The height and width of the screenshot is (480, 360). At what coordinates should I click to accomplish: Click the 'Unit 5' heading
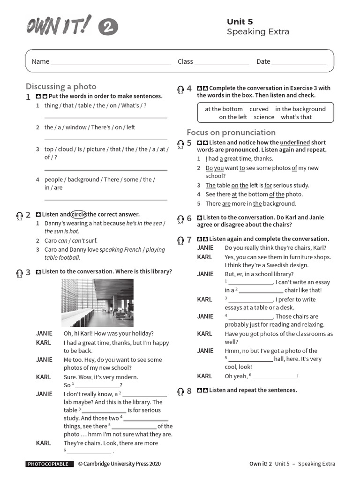click(240, 22)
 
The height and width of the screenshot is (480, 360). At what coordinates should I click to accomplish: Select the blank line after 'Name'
click(111, 62)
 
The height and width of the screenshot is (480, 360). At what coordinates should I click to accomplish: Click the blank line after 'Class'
click(222, 62)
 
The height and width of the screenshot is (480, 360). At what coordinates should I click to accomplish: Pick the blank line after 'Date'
click(299, 62)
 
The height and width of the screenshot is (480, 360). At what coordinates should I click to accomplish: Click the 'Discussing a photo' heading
click(61, 86)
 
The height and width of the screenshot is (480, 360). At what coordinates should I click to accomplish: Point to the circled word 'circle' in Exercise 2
click(79, 214)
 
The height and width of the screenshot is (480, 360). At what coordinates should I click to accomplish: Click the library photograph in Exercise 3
click(97, 303)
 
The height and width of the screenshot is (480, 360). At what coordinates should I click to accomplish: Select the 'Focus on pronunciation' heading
click(231, 132)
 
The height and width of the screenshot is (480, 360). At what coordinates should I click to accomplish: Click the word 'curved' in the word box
click(259, 109)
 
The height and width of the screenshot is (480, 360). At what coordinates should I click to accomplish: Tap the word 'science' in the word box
click(264, 117)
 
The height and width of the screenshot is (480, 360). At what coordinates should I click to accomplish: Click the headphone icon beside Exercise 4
click(180, 89)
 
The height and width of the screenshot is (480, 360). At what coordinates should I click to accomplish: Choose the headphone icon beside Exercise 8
click(180, 391)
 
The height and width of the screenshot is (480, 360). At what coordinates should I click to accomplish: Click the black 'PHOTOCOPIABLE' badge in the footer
click(50, 464)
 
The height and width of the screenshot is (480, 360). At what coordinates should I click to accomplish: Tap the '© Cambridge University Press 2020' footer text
click(119, 464)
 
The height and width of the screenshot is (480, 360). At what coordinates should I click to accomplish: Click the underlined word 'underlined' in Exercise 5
click(295, 142)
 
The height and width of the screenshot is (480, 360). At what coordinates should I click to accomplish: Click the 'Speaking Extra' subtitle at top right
click(258, 32)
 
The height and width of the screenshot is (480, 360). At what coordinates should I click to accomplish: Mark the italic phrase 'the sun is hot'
click(61, 232)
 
